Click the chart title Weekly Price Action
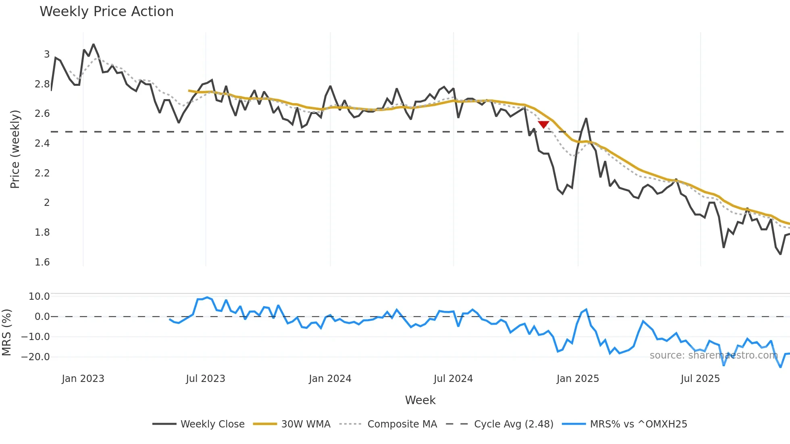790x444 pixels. tap(106, 12)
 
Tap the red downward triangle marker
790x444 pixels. tap(543, 124)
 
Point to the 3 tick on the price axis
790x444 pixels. tap(47, 54)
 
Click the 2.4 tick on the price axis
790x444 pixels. tap(42, 143)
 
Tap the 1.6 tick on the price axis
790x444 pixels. tap(42, 262)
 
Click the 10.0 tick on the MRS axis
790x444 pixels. tap(39, 297)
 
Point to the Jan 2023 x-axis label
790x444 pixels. tap(83, 379)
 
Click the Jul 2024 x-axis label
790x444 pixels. tap(453, 379)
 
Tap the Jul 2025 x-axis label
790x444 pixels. tap(700, 379)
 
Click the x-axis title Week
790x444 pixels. tap(420, 400)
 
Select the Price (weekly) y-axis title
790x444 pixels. tap(15, 149)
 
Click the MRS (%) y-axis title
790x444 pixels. tap(6, 332)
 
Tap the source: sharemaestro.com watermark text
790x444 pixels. tap(713, 355)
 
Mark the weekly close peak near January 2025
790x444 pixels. tap(586, 118)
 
